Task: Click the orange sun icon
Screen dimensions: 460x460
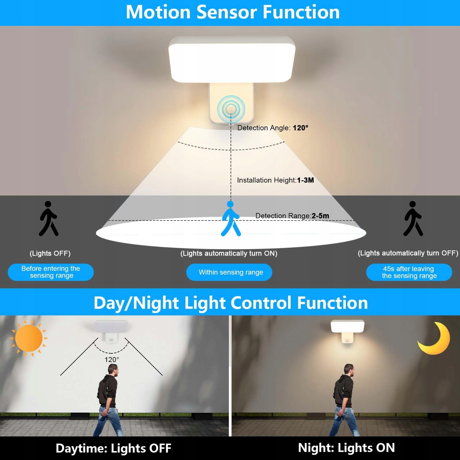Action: point(29,338)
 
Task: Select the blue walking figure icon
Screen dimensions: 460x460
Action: point(231,218)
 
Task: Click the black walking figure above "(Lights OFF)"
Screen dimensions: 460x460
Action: point(49,218)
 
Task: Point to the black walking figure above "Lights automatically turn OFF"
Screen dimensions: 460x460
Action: point(413,218)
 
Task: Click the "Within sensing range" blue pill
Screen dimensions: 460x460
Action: point(229,272)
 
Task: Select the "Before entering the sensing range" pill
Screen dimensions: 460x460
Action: point(51,272)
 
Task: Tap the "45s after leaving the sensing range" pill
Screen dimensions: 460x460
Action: point(409,272)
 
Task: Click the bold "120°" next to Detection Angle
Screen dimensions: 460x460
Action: point(300,128)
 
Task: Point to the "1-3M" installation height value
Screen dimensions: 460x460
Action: point(305,180)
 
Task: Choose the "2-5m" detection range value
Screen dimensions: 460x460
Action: point(320,216)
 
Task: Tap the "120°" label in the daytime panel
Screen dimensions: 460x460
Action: point(112,360)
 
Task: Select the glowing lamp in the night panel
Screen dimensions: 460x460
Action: point(348,331)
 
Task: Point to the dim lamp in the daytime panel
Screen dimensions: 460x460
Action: point(112,331)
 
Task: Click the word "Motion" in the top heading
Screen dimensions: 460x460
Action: point(158,12)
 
